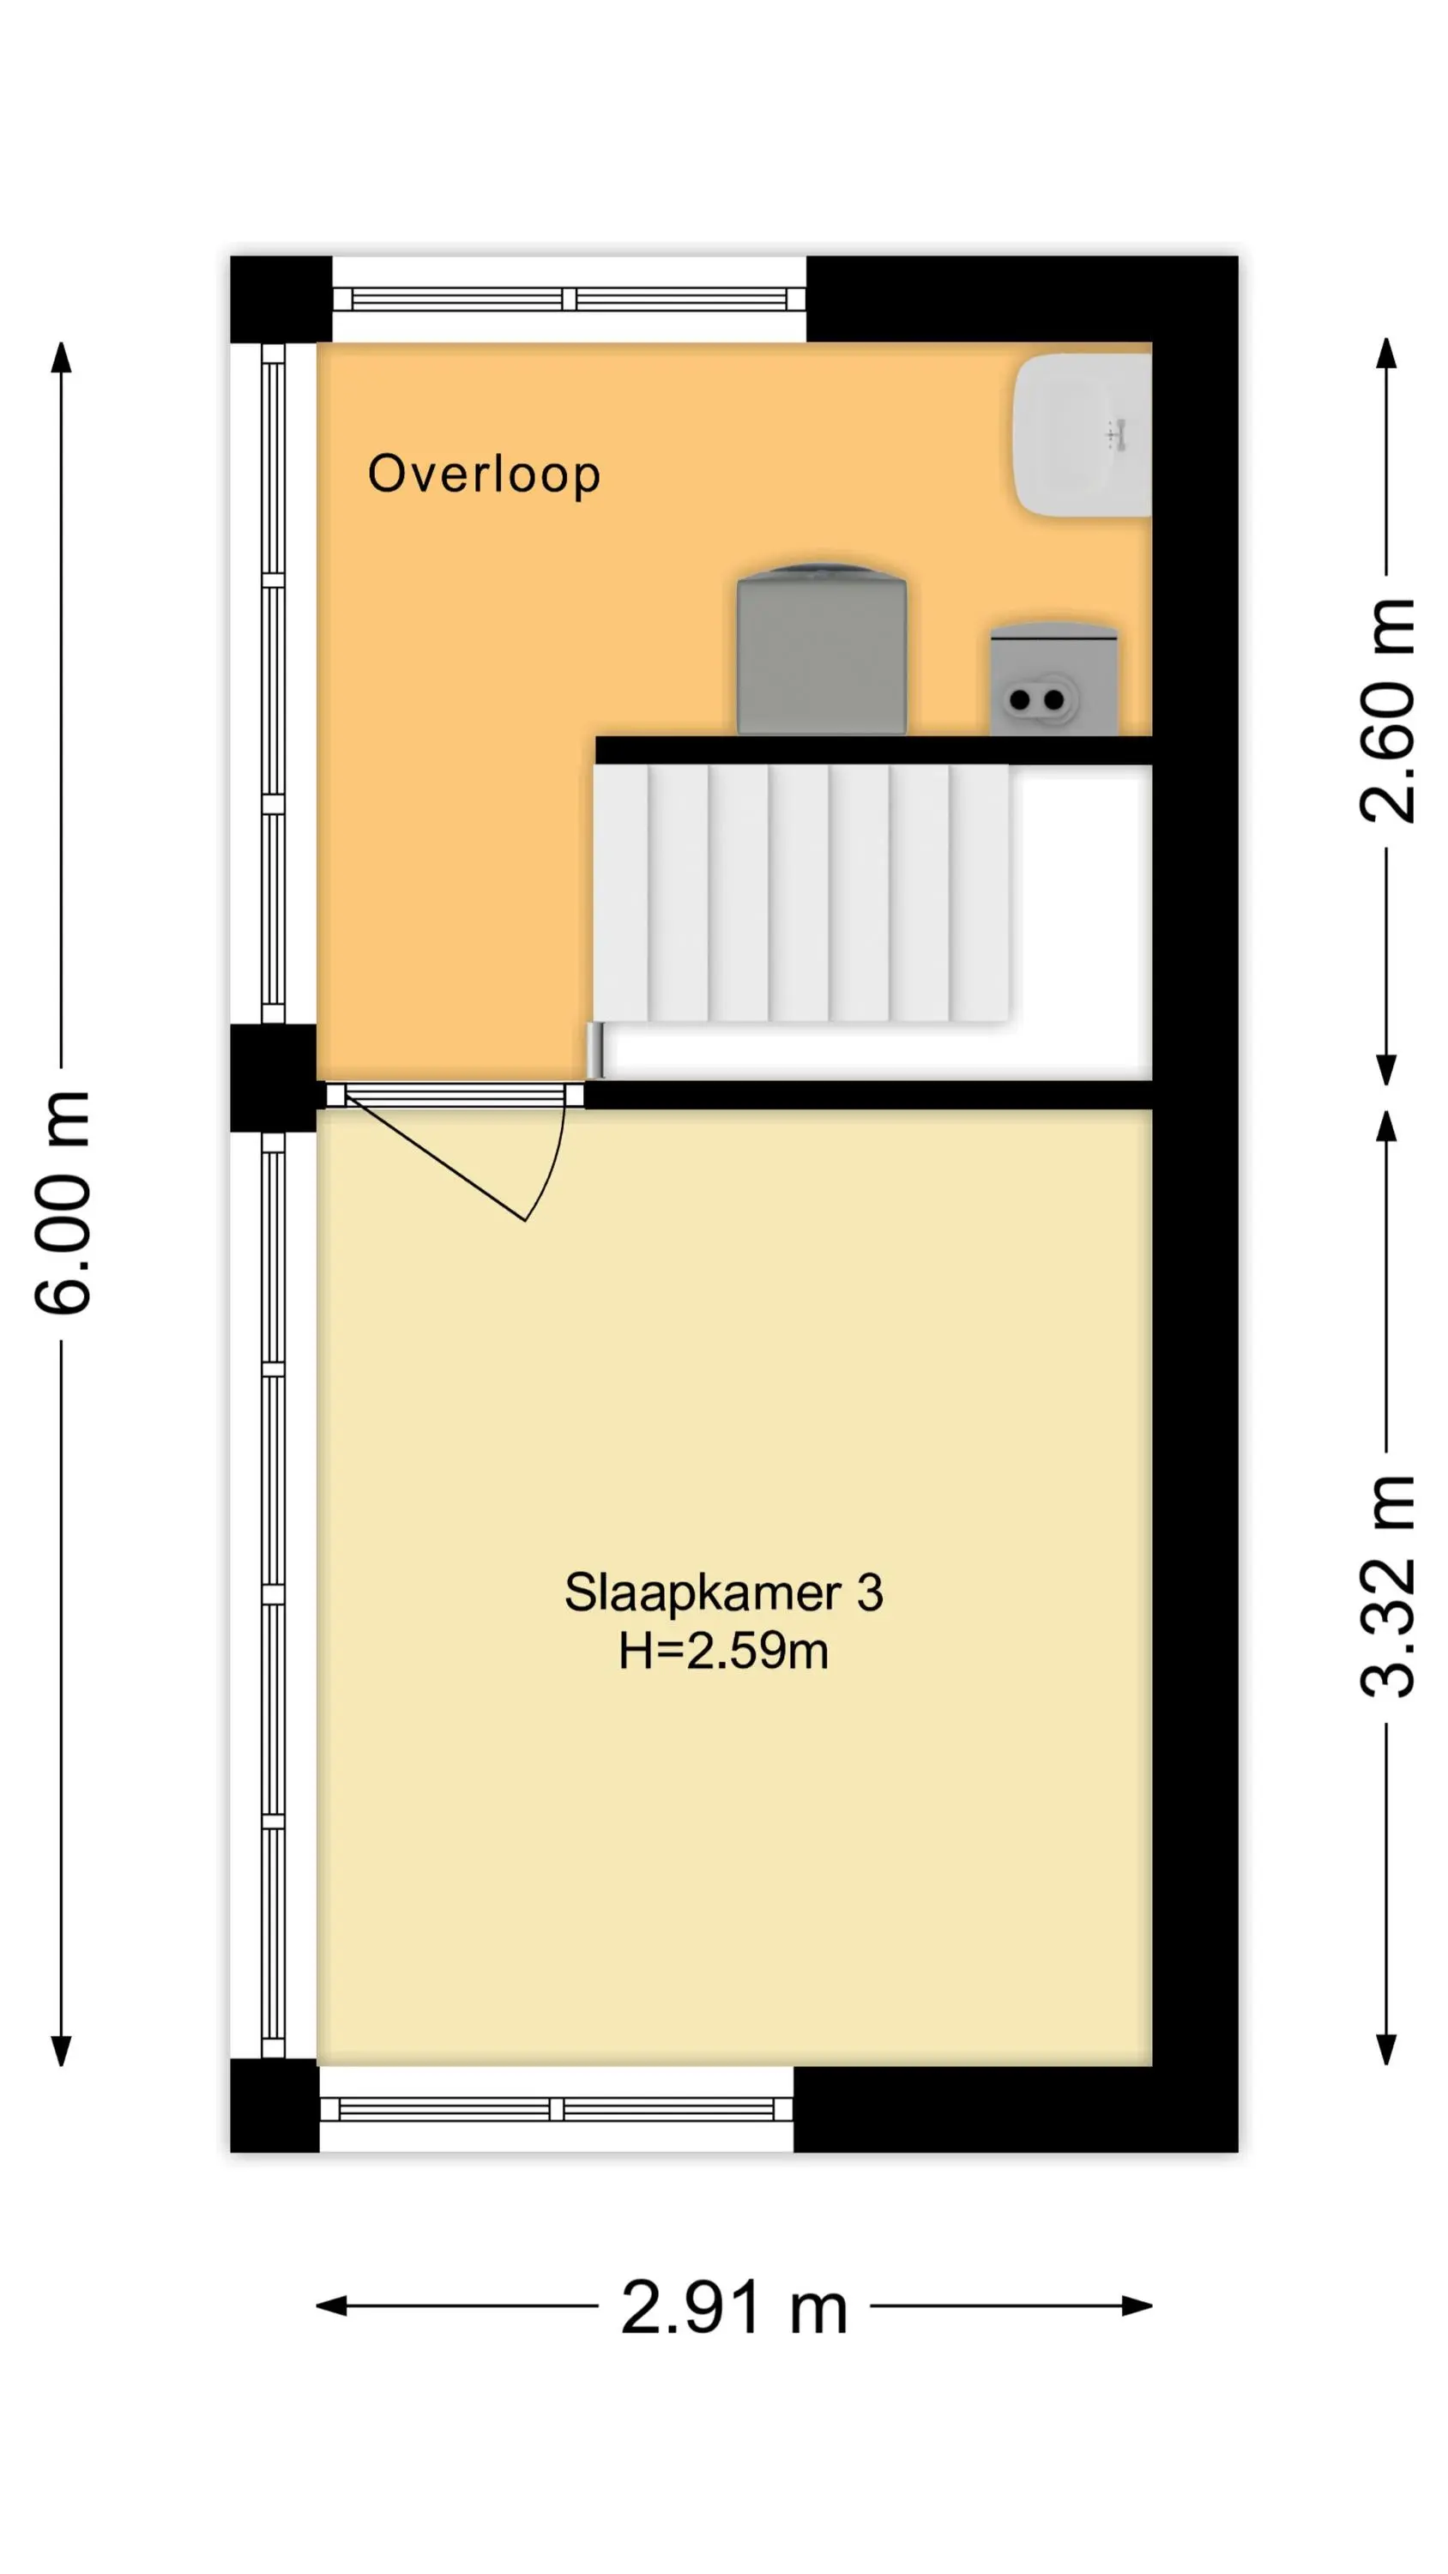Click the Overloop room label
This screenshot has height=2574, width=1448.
(x=484, y=474)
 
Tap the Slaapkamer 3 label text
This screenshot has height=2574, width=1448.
(x=723, y=1592)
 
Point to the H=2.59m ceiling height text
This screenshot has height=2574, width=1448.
(x=723, y=1650)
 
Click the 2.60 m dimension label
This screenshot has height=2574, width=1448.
(x=1387, y=710)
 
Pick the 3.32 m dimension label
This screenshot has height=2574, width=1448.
(x=1387, y=1586)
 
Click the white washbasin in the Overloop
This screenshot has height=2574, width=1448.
(x=1083, y=435)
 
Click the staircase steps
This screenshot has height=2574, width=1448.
(x=800, y=893)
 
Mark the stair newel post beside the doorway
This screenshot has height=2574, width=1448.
(x=594, y=1050)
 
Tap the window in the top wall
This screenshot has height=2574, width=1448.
(x=569, y=299)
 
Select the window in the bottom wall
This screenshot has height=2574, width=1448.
(x=556, y=2109)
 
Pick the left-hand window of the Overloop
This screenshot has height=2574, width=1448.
(x=273, y=684)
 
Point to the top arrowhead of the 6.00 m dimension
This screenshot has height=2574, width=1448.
(x=62, y=358)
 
